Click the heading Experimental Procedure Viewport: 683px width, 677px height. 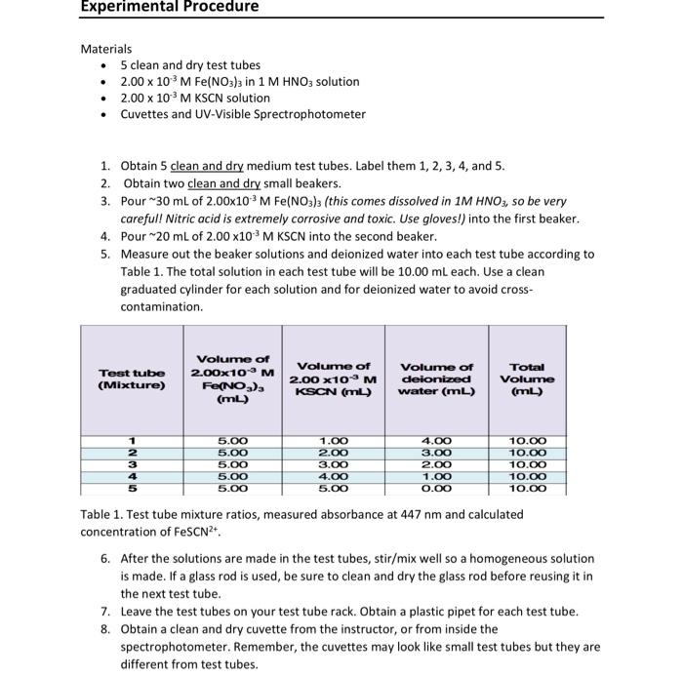[170, 8]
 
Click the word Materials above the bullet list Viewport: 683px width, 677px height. [105, 49]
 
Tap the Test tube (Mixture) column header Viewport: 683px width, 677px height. [132, 378]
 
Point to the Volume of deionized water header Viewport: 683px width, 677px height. [436, 378]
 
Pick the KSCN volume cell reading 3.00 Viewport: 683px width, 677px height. [333, 464]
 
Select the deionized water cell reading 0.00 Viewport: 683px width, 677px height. [436, 488]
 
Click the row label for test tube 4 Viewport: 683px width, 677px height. [132, 476]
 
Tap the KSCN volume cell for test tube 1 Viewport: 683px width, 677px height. [333, 441]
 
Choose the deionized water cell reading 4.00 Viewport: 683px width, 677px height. [436, 441]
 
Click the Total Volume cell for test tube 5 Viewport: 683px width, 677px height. [527, 488]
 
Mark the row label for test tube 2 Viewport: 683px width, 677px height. [132, 453]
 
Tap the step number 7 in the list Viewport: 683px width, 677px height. [105, 612]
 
